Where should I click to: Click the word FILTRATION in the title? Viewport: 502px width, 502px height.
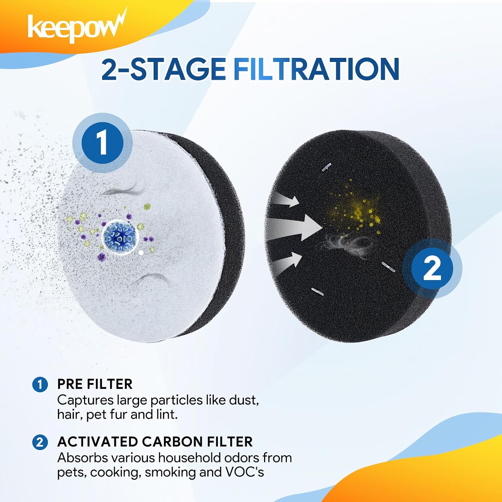coord(316,69)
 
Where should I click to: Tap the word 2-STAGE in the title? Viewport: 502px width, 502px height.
coord(163,69)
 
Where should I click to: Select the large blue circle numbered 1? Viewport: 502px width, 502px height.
coord(102,143)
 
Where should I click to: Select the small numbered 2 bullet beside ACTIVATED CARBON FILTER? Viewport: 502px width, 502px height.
coord(40,442)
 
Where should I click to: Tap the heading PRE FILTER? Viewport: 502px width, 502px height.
coord(95,384)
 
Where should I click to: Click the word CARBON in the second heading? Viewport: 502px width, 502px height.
coord(174,442)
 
